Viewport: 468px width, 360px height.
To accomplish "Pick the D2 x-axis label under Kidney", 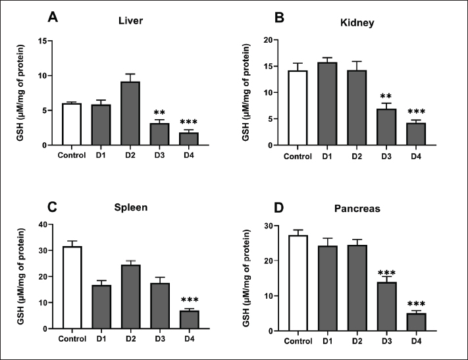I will [x=357, y=157].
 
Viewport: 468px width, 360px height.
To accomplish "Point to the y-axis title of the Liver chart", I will [x=21, y=92].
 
